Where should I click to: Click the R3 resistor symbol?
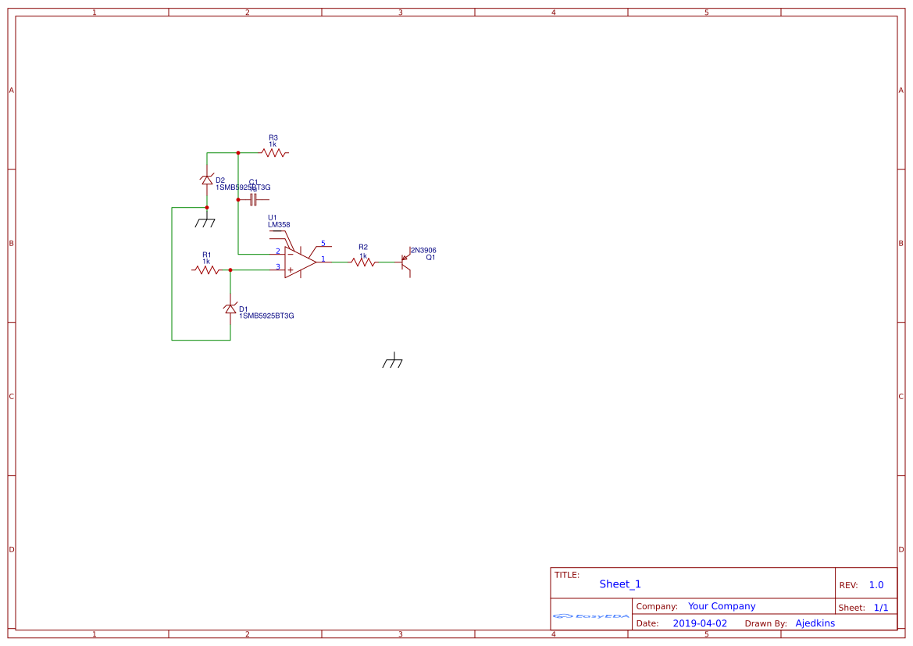click(x=274, y=153)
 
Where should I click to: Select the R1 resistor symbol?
click(x=207, y=269)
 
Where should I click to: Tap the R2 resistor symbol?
click(x=363, y=262)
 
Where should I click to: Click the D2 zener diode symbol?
click(x=207, y=180)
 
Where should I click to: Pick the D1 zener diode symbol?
click(x=230, y=309)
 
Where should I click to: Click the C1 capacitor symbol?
click(x=253, y=200)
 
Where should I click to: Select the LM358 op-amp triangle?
click(x=299, y=262)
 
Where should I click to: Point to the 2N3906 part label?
click(x=423, y=250)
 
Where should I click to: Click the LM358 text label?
click(x=279, y=225)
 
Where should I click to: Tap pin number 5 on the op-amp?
click(x=323, y=244)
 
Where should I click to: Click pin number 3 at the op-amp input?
click(x=277, y=266)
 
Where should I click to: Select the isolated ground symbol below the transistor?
click(x=393, y=362)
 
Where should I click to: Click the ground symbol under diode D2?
click(x=205, y=223)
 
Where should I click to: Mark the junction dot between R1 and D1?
click(x=230, y=269)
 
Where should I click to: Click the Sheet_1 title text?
click(x=620, y=584)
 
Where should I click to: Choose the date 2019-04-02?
click(x=700, y=623)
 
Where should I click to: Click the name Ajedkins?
click(x=815, y=623)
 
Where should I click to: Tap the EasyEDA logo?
click(x=591, y=616)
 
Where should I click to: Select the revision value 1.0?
click(x=876, y=585)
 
